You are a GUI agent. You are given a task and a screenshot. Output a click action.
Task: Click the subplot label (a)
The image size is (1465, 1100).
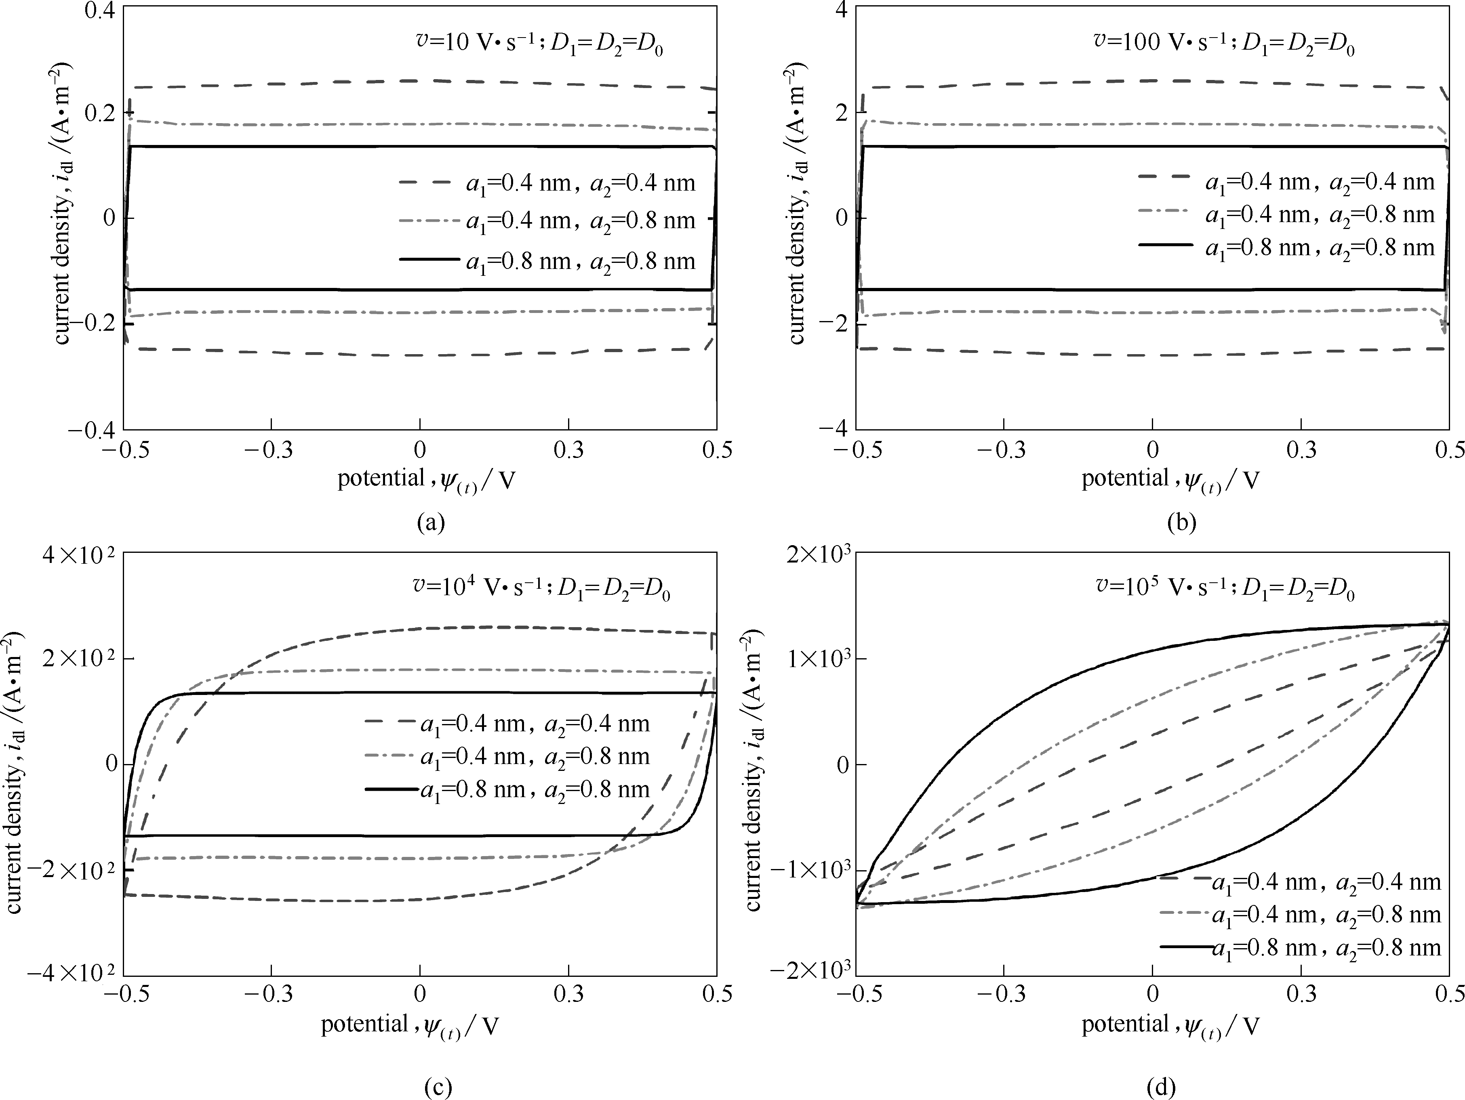tap(431, 523)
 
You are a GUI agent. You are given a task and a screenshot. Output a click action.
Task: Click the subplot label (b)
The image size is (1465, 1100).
tap(1181, 523)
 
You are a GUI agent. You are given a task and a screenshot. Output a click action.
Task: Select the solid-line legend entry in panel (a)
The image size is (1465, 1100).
tap(548, 261)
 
